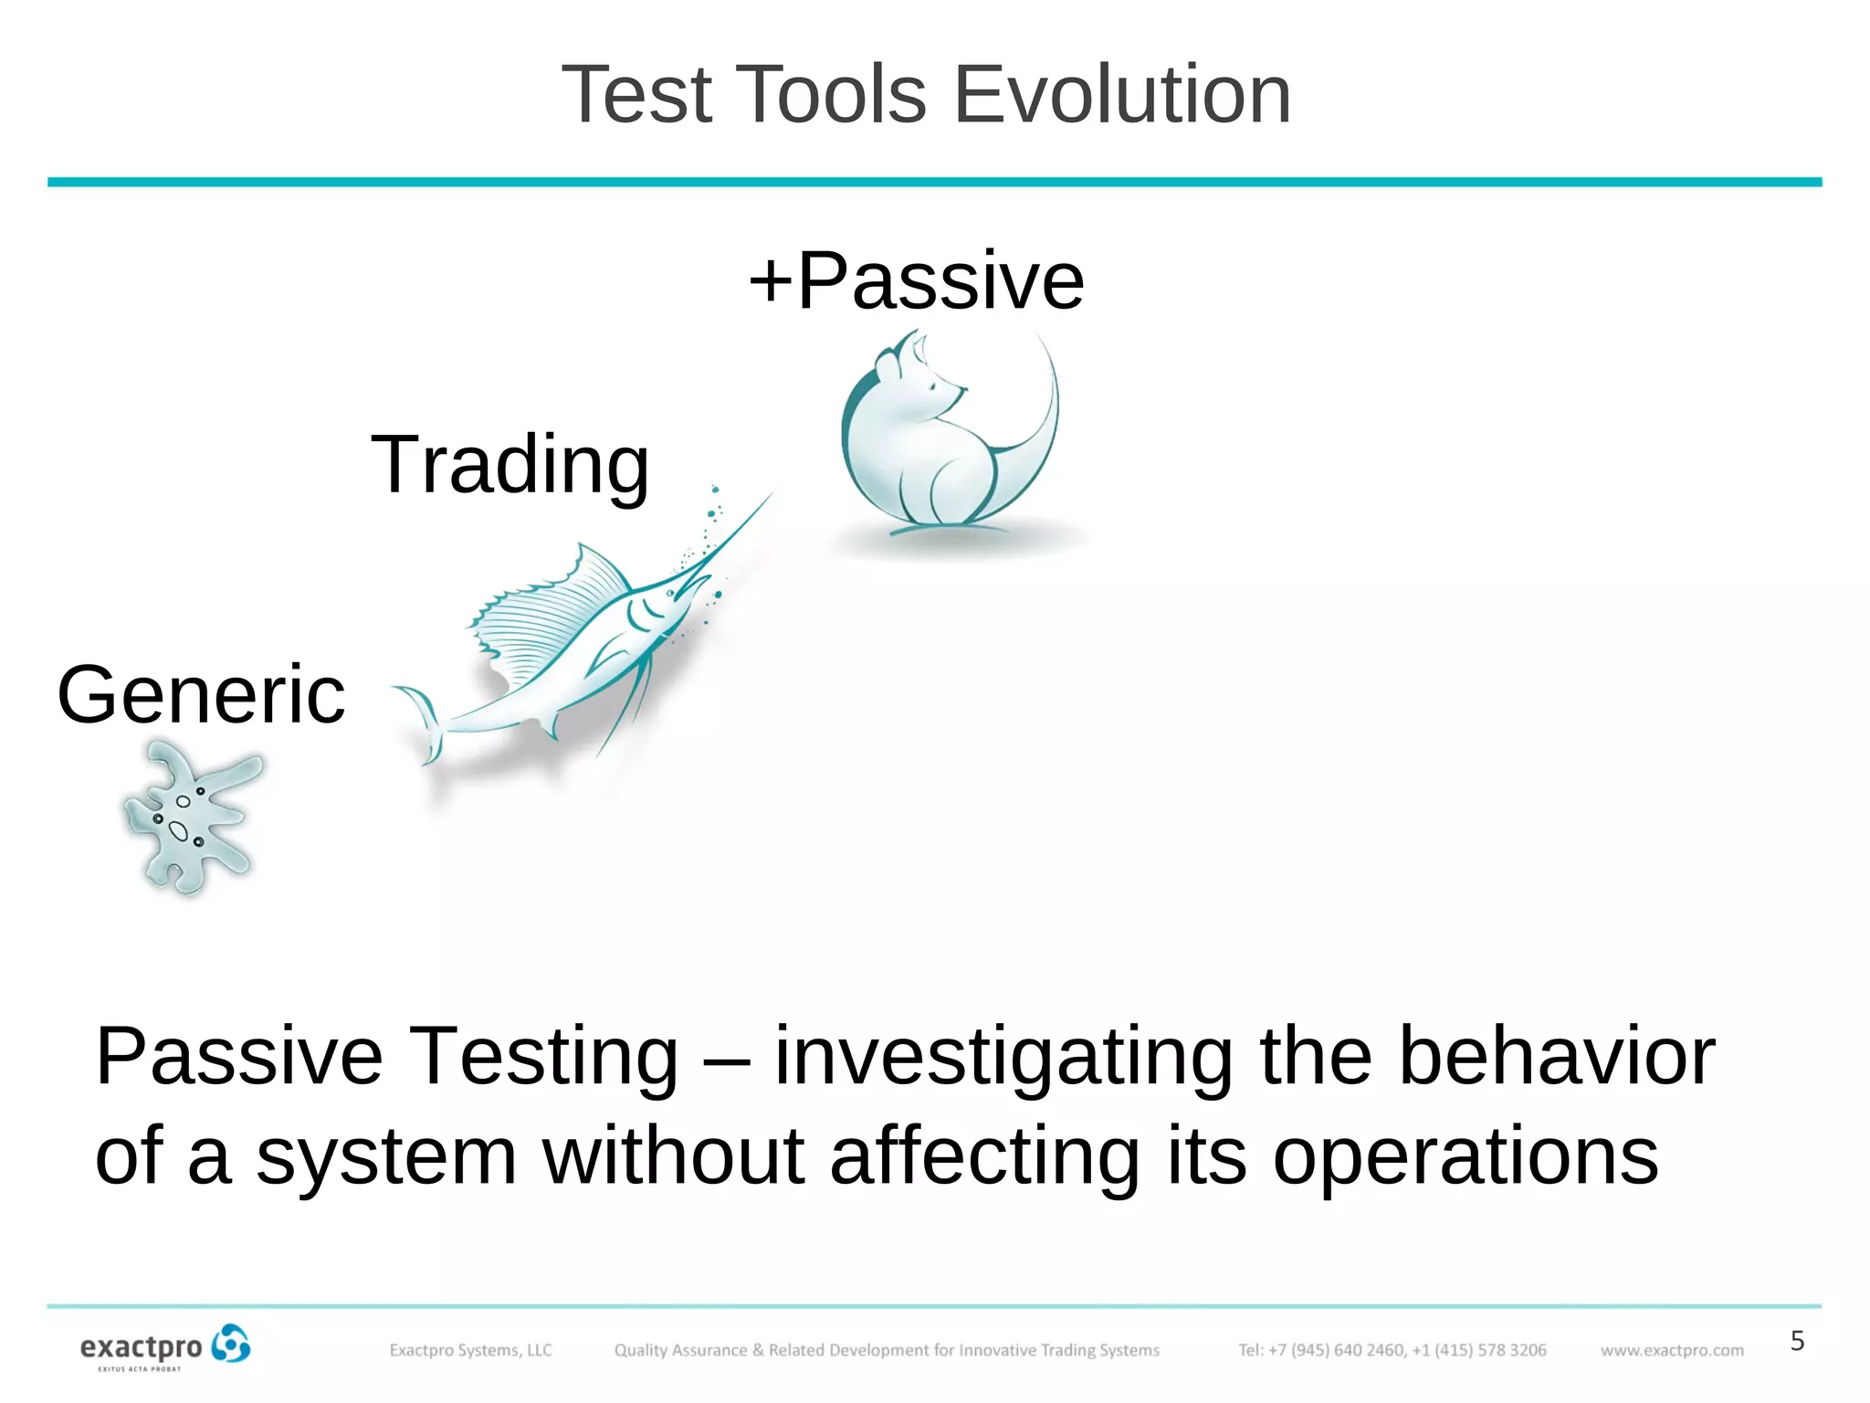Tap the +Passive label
(x=917, y=280)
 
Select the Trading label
(x=510, y=466)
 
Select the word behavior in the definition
(x=1557, y=1057)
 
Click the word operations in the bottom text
(x=1465, y=1156)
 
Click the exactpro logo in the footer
(x=164, y=1347)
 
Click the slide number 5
(x=1797, y=1341)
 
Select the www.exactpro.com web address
(x=1671, y=1350)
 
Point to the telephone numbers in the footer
(x=1392, y=1350)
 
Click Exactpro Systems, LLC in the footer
(x=470, y=1350)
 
